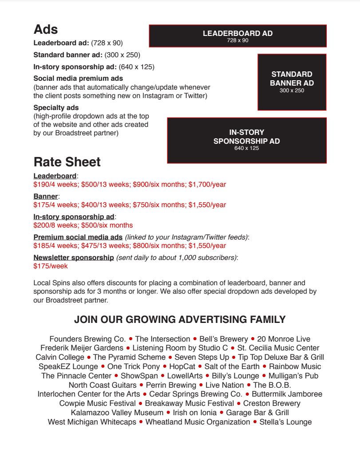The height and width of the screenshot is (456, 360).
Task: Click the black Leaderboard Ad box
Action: click(x=237, y=36)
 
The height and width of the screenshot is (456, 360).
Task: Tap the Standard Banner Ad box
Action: click(x=292, y=82)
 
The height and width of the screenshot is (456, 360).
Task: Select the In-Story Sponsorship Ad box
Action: click(x=246, y=140)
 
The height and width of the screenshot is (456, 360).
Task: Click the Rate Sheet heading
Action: click(x=67, y=162)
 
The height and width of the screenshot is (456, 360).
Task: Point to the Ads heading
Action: click(x=46, y=29)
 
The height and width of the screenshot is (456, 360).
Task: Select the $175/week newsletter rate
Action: click(x=51, y=266)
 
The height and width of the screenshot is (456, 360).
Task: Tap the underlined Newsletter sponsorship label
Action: click(x=74, y=258)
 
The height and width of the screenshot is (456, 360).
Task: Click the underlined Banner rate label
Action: click(x=46, y=196)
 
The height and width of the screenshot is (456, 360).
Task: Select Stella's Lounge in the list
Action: click(x=285, y=422)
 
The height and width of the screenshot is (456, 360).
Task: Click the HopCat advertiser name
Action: click(x=182, y=366)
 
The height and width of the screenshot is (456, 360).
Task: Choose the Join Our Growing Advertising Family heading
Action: click(x=180, y=319)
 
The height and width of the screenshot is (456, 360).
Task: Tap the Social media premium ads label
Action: click(x=78, y=78)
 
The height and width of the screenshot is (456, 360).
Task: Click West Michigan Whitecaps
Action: click(x=92, y=422)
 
